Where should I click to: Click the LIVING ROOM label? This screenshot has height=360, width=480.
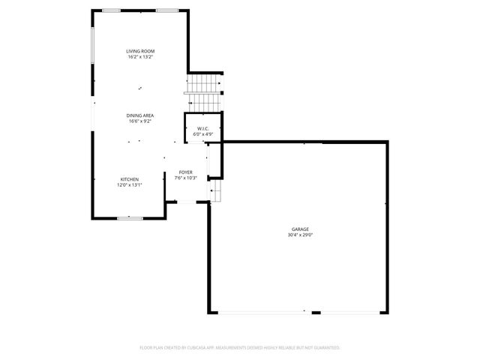tap(140, 51)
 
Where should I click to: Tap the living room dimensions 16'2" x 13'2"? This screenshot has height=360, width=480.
tap(140, 57)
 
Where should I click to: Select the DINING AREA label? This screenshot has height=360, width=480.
tap(140, 115)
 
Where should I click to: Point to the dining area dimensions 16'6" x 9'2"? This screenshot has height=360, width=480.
tap(140, 121)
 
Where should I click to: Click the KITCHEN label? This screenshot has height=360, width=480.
tap(130, 178)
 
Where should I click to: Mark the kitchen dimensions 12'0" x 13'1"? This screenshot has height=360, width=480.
tap(130, 184)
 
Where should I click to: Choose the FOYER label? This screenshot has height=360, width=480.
tap(185, 172)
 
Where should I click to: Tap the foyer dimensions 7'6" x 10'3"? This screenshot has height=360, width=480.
tap(185, 178)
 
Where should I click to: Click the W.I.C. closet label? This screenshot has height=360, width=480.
tap(202, 128)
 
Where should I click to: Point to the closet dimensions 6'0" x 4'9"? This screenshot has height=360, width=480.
tap(202, 134)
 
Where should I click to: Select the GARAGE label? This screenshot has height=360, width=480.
tap(300, 229)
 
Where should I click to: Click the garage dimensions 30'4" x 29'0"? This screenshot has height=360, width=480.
tap(300, 235)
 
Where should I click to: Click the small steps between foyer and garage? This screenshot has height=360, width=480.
tap(215, 190)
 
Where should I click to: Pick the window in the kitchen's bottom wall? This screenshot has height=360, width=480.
tap(130, 217)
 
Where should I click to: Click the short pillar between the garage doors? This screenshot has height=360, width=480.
tap(316, 313)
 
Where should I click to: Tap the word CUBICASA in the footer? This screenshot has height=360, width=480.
tap(198, 348)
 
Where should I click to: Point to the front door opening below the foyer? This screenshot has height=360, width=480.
tap(186, 202)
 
